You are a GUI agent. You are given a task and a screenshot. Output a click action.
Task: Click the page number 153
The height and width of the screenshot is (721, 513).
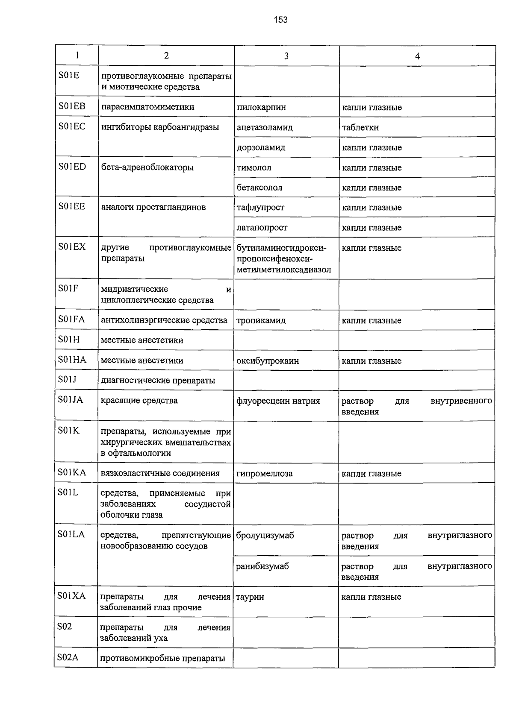click(281, 20)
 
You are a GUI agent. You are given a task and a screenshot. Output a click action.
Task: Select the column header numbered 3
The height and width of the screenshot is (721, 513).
click(286, 56)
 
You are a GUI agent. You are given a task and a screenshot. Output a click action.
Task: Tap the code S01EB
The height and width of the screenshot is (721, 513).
click(72, 106)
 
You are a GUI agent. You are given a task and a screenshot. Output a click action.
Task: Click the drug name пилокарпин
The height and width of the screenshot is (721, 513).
click(261, 107)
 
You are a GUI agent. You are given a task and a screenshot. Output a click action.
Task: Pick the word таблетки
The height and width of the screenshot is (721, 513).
click(360, 127)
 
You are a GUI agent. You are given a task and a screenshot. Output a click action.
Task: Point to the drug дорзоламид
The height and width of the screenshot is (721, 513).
click(261, 147)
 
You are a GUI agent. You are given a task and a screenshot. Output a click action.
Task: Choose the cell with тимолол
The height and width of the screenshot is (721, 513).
click(254, 167)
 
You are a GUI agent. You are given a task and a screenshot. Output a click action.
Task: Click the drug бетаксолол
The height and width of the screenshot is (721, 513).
click(259, 188)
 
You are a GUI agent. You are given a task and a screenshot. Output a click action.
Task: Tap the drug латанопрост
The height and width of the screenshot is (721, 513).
click(262, 228)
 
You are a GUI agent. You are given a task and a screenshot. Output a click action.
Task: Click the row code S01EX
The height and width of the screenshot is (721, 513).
click(72, 247)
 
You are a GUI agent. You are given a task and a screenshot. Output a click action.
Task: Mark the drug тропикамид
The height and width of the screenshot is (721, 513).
click(261, 320)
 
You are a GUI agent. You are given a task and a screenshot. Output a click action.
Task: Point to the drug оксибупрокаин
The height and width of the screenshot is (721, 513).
click(268, 361)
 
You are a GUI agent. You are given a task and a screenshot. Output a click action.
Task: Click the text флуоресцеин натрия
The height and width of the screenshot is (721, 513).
click(278, 401)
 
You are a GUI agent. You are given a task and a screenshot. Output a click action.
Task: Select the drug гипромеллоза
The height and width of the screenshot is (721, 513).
click(264, 474)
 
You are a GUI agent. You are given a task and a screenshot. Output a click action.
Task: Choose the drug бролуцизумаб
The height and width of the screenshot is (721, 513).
click(265, 536)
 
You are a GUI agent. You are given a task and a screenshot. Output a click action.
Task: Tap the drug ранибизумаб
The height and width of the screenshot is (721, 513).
click(262, 566)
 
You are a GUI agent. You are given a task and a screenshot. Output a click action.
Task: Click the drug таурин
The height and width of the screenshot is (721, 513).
click(250, 597)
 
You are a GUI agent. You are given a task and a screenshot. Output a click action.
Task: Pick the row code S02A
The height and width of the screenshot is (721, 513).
click(68, 658)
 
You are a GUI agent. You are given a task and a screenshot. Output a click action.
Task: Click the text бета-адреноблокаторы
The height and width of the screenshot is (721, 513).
click(147, 167)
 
